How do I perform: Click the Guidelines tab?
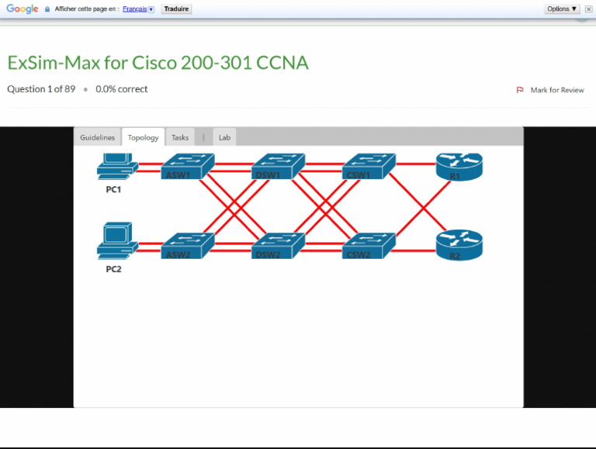[97, 137]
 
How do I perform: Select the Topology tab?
[143, 137]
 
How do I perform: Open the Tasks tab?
[180, 137]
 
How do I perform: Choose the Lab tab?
[224, 137]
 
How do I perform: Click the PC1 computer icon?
[116, 167]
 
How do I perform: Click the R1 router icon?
[459, 166]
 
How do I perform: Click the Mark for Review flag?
[551, 90]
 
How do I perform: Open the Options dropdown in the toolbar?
[563, 9]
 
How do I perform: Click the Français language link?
[138, 9]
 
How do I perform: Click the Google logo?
[23, 9]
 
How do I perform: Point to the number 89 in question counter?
[70, 89]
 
